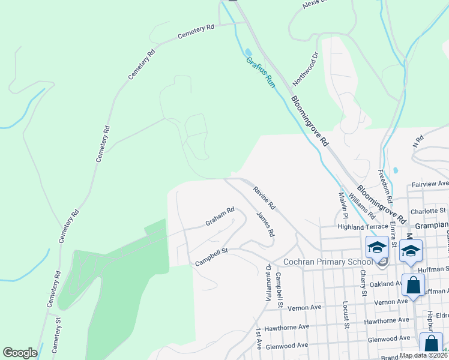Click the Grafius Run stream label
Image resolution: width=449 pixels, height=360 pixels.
click(261, 73)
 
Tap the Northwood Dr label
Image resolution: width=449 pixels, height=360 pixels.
click(305, 68)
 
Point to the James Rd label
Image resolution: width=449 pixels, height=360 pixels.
click(265, 223)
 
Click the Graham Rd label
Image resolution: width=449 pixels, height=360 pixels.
click(220, 217)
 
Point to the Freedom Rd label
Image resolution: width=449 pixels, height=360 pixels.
click(384, 185)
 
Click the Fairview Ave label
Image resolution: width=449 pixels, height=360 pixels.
click(430, 184)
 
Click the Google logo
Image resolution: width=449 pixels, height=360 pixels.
click(20, 353)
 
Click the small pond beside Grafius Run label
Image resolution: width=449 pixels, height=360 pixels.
click(249, 52)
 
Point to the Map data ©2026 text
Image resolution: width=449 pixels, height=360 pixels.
click(422, 355)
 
